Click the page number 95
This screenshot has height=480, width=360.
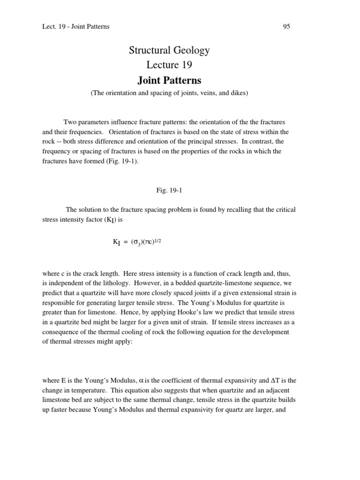[286, 27]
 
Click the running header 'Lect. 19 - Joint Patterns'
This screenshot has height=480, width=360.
[76, 27]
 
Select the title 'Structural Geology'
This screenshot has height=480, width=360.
[169, 50]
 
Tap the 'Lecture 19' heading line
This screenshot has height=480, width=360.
[169, 65]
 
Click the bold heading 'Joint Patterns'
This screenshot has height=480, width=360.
[169, 80]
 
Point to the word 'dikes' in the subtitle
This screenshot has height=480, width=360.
[237, 93]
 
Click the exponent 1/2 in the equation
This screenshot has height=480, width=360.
[157, 240]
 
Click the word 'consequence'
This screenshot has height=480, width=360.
[62, 332]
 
